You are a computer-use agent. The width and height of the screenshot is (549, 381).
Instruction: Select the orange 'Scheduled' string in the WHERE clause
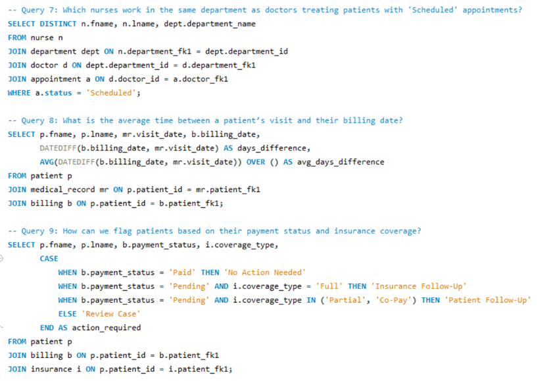coord(112,93)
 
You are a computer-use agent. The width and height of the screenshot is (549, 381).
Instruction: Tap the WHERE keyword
coord(19,93)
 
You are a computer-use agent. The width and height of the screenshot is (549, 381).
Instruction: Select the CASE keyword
coord(49,259)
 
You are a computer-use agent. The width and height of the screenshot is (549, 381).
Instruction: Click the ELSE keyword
coord(67,314)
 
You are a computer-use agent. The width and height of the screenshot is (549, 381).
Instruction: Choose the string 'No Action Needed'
coord(265,272)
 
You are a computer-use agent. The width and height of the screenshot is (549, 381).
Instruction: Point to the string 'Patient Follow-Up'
coord(488,300)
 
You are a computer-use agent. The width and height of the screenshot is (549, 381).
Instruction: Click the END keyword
coord(47,328)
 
